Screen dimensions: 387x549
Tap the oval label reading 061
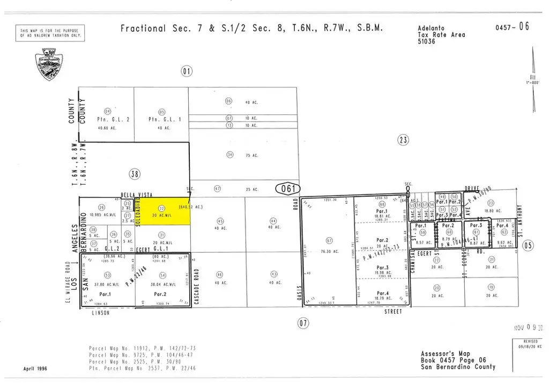(288, 188)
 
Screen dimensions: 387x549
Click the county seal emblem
(50, 64)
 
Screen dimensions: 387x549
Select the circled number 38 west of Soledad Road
(135, 173)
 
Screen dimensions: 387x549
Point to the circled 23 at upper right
(403, 140)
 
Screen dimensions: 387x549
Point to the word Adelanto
(431, 28)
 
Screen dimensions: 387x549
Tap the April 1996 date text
(35, 369)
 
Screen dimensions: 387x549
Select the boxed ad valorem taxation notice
(50, 33)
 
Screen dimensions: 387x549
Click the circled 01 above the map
(186, 71)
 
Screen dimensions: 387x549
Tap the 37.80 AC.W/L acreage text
(106, 285)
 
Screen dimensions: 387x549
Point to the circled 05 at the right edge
(528, 245)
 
